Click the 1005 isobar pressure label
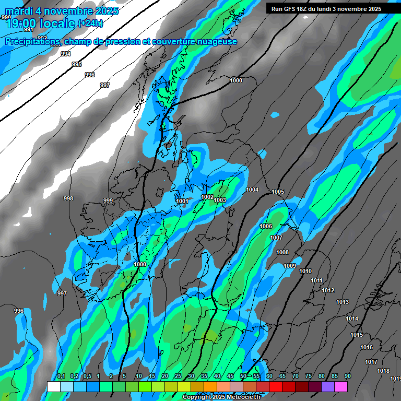coord(278,192)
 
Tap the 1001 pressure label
coord(182,202)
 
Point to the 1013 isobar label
coord(343,302)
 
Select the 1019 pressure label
coord(395,379)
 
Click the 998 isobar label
coord(68,198)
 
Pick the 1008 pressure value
coord(282,253)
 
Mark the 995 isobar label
coord(77,64)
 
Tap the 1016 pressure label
coord(367,348)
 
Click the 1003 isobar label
coord(220,200)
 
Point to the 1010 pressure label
coord(305,272)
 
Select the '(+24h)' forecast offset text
coord(90,23)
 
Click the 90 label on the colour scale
coord(347,376)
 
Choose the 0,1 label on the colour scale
coord(61,376)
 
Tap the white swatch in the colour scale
coord(53,386)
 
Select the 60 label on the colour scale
coord(269,376)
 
